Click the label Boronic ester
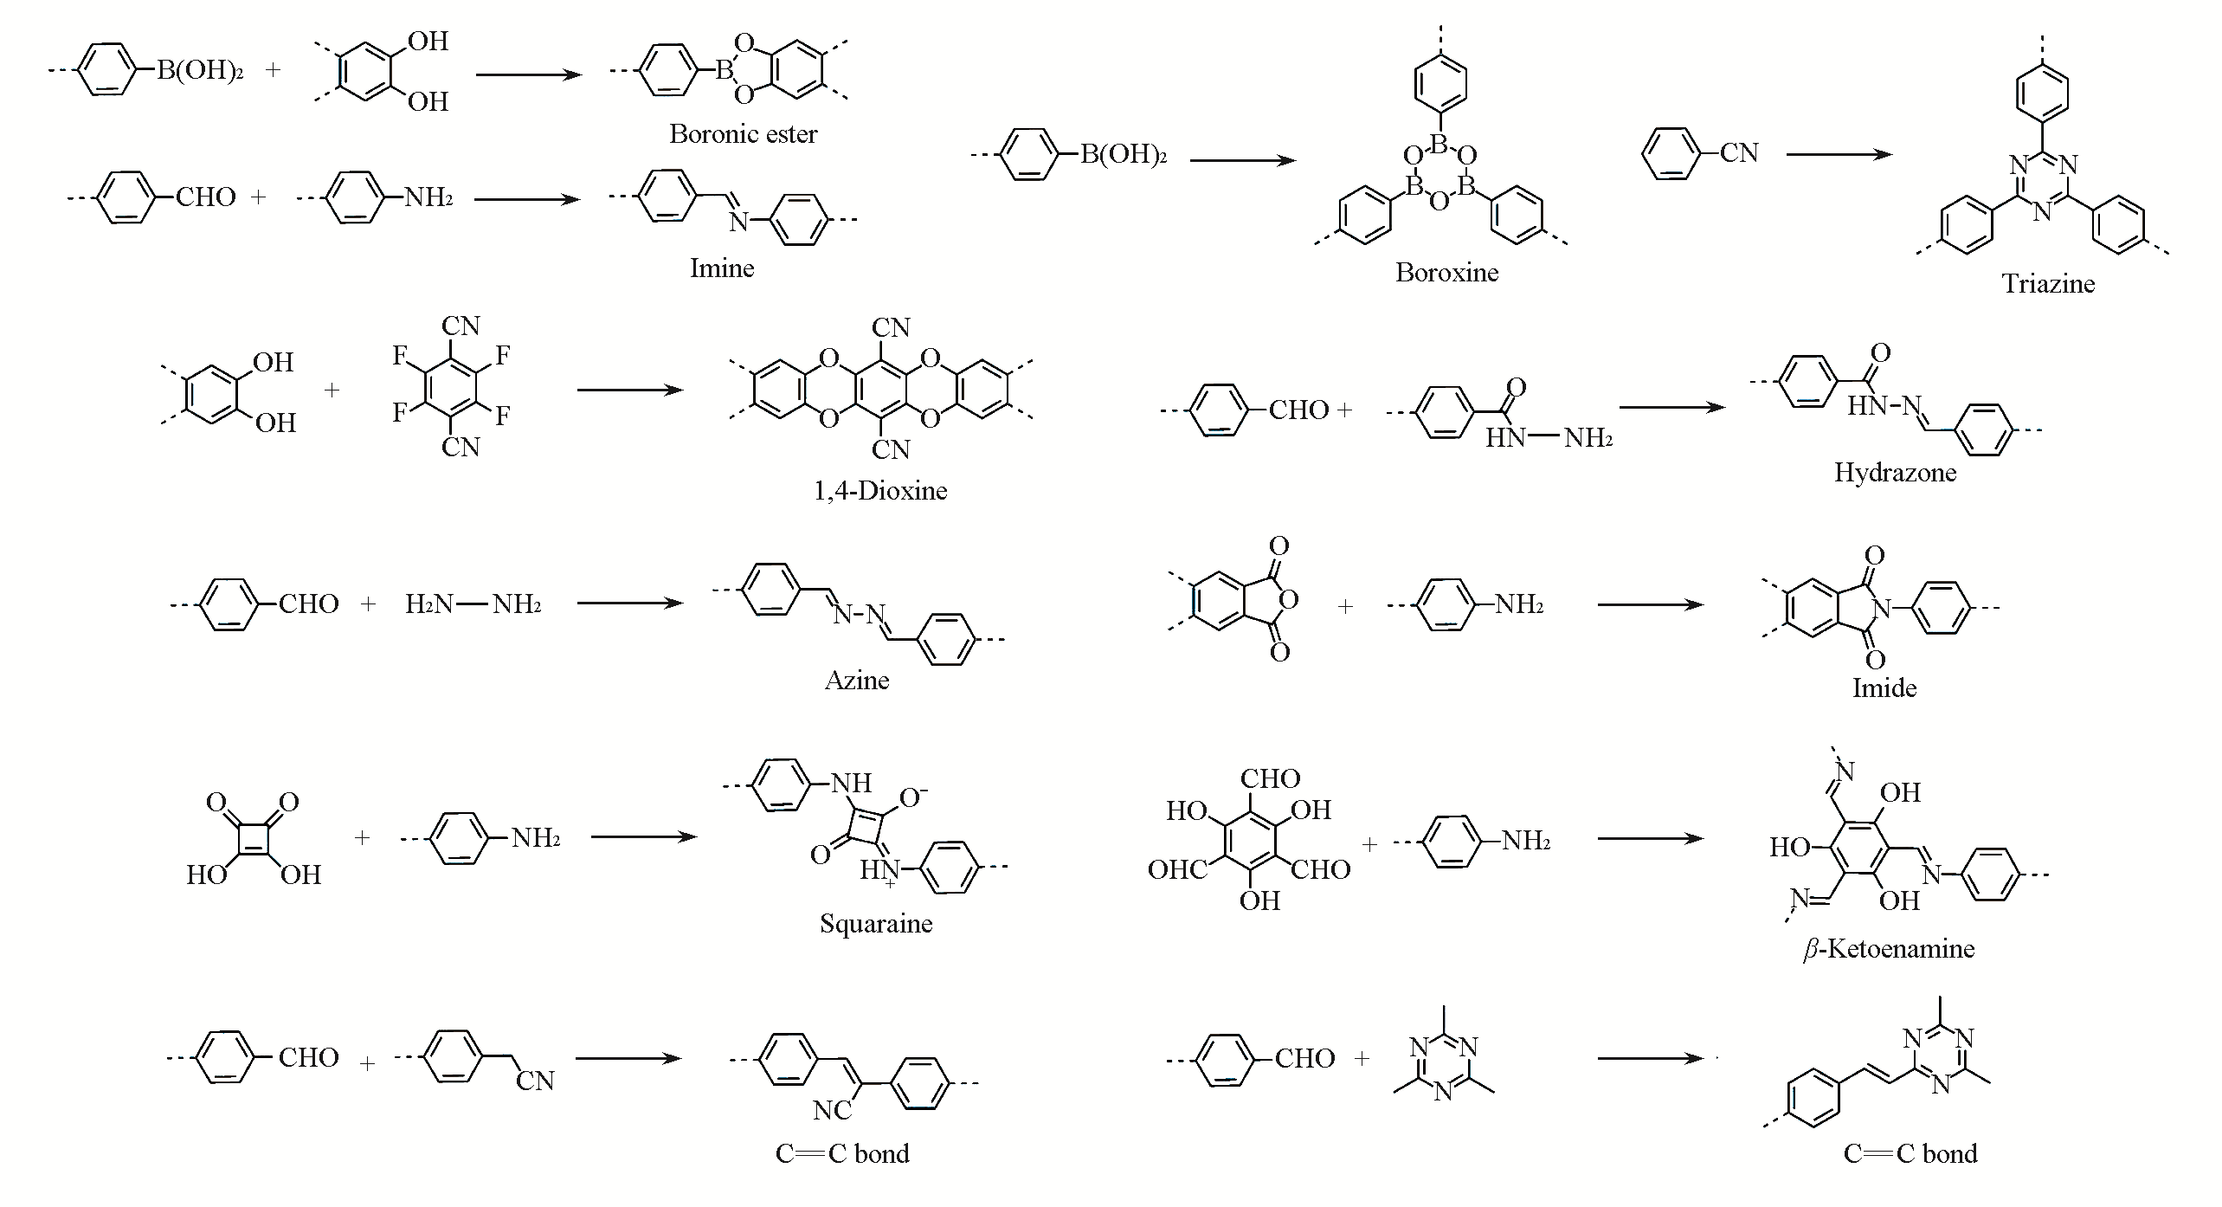(743, 134)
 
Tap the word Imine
(722, 268)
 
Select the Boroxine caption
(1446, 273)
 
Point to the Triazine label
(2048, 284)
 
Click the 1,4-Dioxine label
(880, 491)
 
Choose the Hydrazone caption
(1895, 473)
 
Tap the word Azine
(857, 681)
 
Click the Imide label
(1884, 688)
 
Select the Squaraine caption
(876, 924)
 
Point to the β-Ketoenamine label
(1888, 950)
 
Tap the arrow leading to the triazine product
(1839, 155)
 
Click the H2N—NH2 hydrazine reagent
(473, 603)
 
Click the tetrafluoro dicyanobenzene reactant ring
(450, 385)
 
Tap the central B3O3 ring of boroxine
(1439, 173)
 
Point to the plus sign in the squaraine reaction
(362, 837)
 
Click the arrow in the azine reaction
(630, 603)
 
